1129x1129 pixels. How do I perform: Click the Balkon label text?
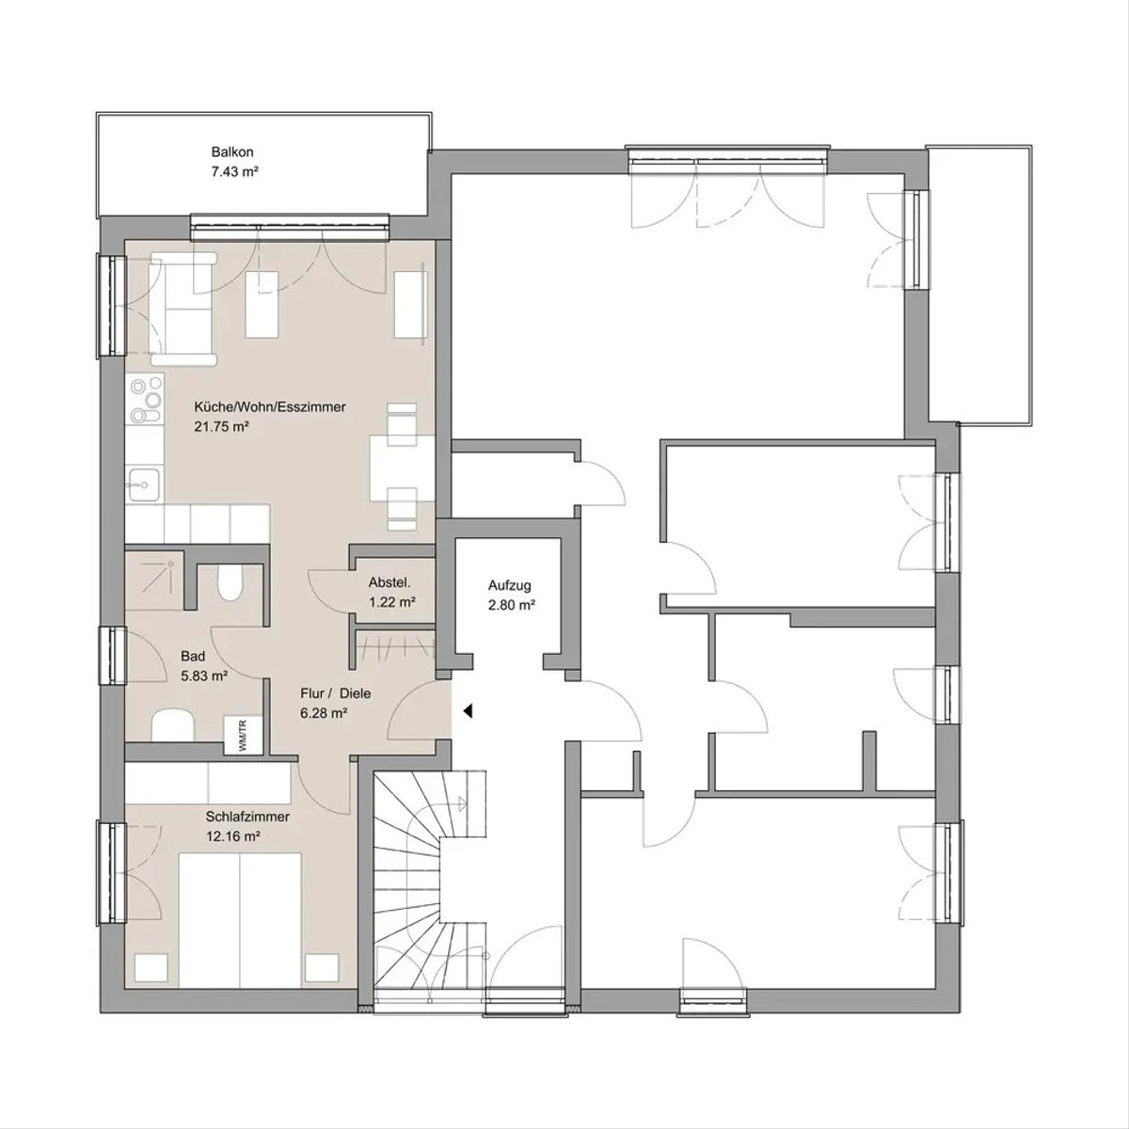232,152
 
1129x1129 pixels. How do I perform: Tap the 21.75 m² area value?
221,426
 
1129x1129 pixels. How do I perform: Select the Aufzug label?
510,585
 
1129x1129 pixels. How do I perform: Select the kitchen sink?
145,485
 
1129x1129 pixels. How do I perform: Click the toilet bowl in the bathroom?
228,581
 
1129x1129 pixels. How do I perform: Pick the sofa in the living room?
183,310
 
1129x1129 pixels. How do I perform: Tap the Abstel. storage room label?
390,583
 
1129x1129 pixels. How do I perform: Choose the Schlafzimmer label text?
247,817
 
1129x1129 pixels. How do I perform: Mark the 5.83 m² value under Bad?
204,676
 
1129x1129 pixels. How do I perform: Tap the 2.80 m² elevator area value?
512,605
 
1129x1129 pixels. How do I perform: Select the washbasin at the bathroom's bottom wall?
173,724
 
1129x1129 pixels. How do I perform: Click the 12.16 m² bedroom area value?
233,836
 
